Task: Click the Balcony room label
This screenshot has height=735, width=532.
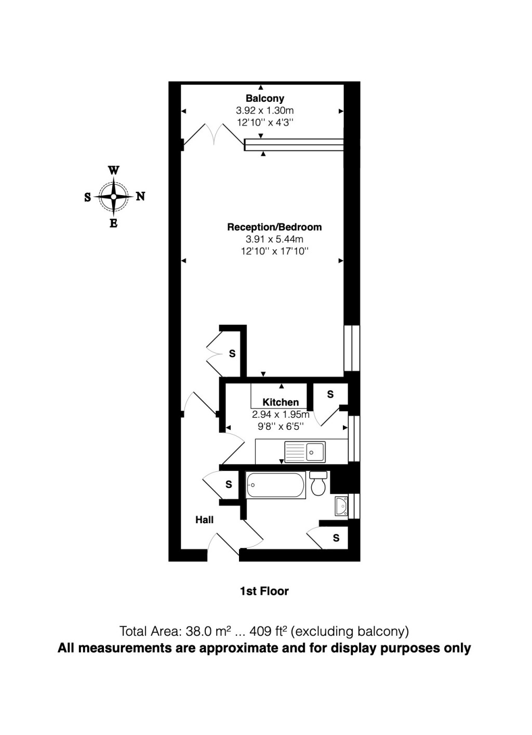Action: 264,98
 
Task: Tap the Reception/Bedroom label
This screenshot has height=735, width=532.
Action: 274,227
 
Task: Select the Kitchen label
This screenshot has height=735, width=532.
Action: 281,402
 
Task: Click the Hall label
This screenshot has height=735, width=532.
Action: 204,520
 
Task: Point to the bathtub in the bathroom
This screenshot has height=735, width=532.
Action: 275,485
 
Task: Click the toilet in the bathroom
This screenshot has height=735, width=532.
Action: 318,484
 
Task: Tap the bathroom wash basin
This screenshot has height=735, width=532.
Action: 342,506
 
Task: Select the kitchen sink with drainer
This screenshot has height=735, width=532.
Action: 304,451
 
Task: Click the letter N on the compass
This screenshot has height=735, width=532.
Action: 140,196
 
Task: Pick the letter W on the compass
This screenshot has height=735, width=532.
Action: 113,170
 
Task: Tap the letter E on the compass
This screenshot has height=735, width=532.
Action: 113,224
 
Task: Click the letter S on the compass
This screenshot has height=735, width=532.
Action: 87,197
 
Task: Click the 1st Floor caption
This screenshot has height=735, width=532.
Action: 264,591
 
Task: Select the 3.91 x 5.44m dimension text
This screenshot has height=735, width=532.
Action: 274,239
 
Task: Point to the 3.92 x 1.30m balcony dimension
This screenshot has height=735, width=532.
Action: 264,111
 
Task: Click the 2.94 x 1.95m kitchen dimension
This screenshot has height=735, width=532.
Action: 281,414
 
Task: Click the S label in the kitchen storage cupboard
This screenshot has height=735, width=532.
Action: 330,394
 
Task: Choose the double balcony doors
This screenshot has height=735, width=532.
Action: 213,134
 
